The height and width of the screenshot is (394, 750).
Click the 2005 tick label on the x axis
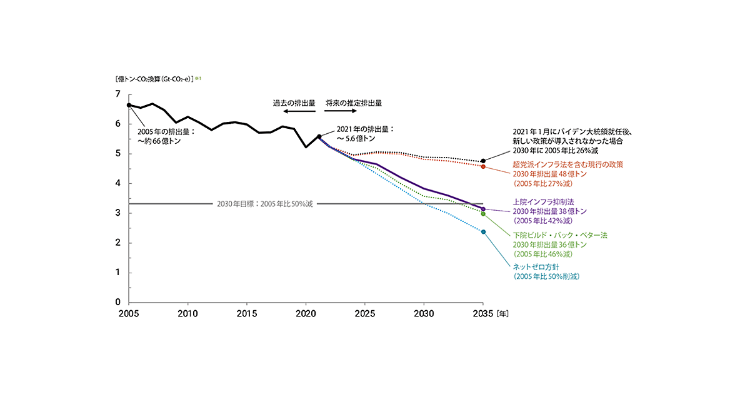coord(128,314)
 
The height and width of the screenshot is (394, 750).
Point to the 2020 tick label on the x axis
coord(306,314)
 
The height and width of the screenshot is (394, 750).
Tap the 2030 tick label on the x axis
coord(424,314)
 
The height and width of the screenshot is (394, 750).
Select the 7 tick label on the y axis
coord(117,94)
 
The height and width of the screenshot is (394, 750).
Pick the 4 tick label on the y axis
coord(117,183)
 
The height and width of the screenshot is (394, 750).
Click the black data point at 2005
coord(129,105)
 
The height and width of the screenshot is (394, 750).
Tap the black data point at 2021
coord(319,136)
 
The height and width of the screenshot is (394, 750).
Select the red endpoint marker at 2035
coord(483,166)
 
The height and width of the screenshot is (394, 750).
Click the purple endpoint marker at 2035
coord(483,209)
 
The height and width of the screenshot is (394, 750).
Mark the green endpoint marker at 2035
coord(483,214)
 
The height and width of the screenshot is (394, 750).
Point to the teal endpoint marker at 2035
coord(483,232)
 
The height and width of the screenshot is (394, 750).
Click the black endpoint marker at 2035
coord(483,161)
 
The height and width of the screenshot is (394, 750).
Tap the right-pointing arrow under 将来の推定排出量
coord(340,111)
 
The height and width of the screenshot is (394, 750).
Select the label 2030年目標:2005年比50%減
coord(264,204)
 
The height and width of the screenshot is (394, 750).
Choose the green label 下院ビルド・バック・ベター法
coord(559,235)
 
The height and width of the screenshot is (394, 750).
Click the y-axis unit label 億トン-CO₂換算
coord(152,79)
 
